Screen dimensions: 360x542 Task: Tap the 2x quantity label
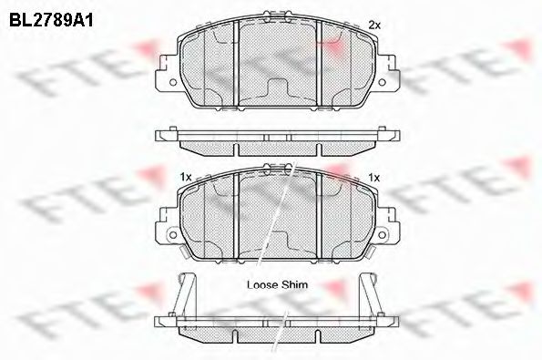(373, 25)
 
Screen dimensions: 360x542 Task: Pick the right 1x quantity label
(373, 174)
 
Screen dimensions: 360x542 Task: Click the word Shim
(295, 284)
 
